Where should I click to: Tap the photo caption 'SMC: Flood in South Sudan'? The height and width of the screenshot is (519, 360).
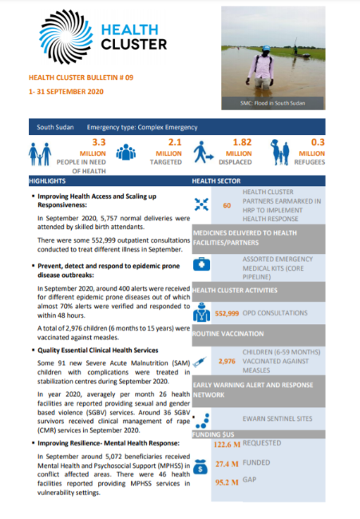pyautogui.click(x=273, y=103)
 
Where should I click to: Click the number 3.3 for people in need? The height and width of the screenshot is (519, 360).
pyautogui.click(x=99, y=141)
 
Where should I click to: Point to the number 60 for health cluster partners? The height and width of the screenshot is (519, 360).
pyautogui.click(x=227, y=206)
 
